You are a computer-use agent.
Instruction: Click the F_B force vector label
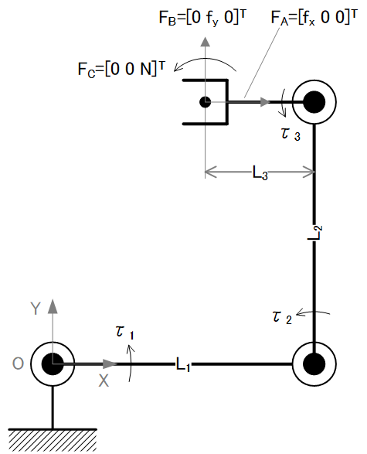202,17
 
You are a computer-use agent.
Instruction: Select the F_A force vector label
314,17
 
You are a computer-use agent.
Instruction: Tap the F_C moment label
121,69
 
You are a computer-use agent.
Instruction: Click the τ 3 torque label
291,135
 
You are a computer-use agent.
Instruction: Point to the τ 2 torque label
282,317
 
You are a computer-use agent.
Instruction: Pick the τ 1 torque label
124,332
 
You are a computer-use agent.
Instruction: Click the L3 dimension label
260,172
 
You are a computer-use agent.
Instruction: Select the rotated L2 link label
315,233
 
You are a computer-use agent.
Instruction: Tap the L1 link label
183,364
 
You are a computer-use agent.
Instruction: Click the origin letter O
18,364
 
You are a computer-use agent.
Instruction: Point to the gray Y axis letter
36,309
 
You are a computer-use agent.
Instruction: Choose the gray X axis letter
104,381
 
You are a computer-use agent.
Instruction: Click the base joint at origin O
53,364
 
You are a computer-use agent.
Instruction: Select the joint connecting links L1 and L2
314,364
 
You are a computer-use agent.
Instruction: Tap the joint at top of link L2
314,102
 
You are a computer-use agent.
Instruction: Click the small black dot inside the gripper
206,102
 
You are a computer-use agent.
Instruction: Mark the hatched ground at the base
53,440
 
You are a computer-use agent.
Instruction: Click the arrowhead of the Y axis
53,306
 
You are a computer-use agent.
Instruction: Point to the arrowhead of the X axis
110,364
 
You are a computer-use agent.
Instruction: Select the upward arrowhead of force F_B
206,42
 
